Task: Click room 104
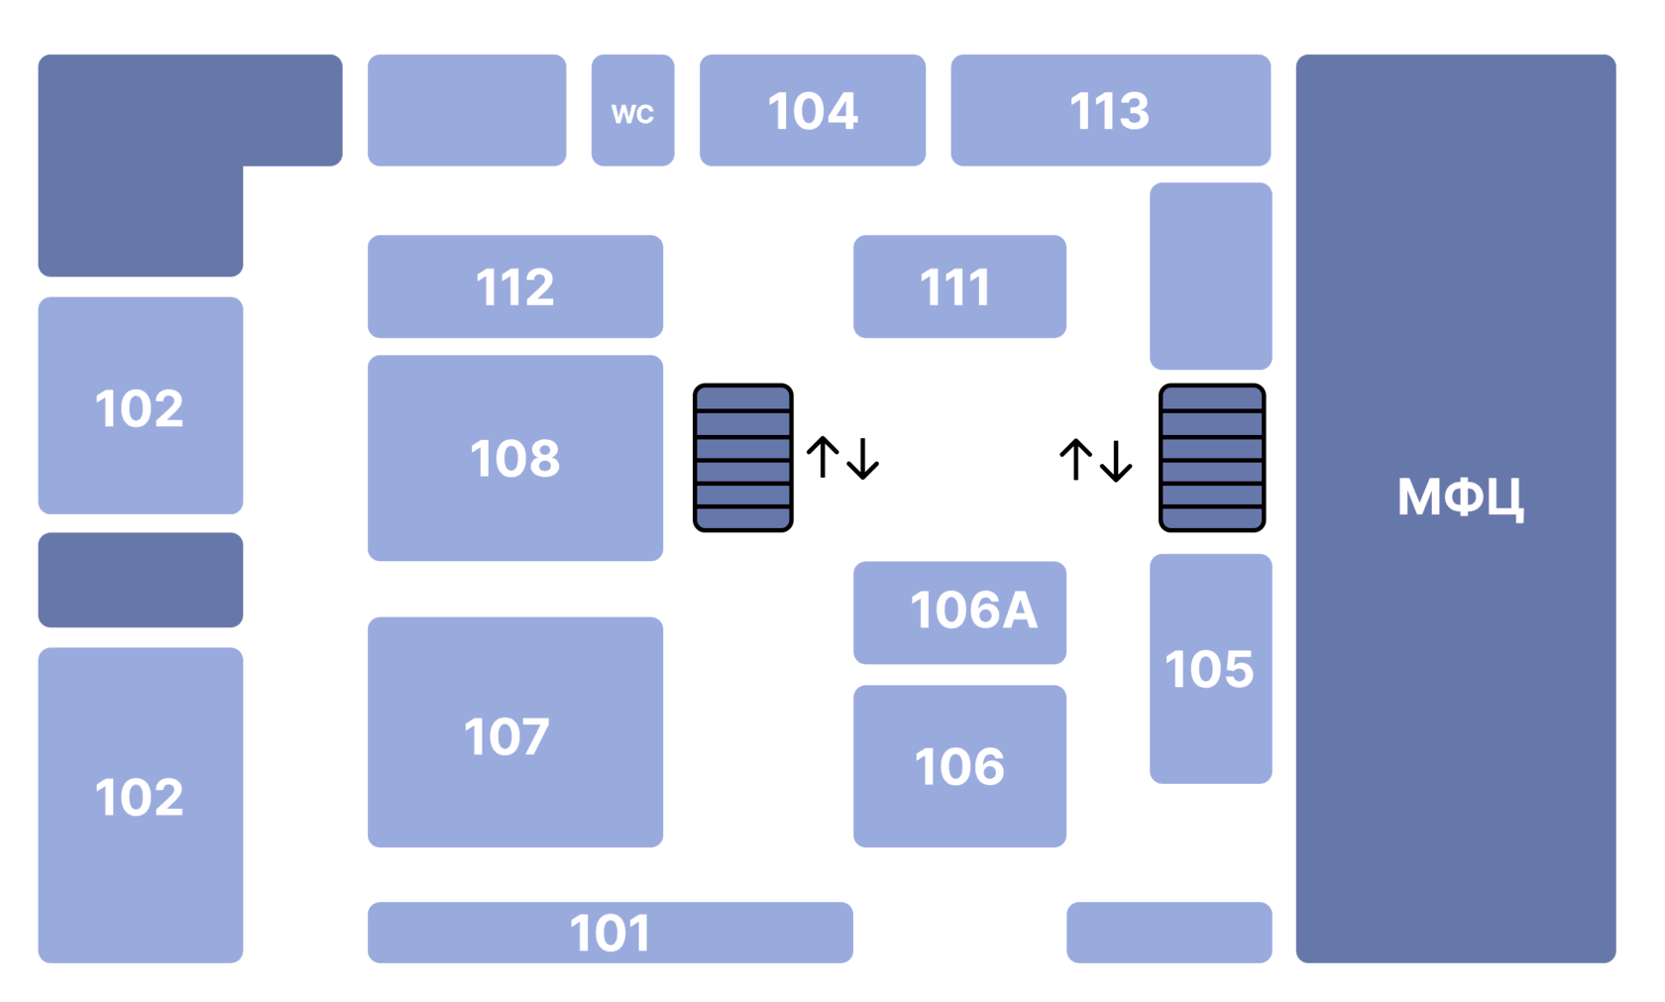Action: coord(813,110)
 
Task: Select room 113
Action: coord(1110,110)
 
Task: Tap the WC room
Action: coord(632,110)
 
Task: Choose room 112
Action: coord(515,286)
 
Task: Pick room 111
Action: coord(959,286)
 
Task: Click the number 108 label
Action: coord(515,458)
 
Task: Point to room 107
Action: coord(515,731)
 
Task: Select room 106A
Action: coord(959,612)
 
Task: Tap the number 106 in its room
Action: coord(959,766)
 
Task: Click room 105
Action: coord(1211,668)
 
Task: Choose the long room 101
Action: coord(610,932)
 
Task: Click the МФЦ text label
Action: coord(1461,497)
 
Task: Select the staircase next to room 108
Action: coord(742,457)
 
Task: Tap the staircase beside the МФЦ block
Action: coord(1211,457)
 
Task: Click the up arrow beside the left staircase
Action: coord(823,456)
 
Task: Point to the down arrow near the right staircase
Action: coord(1116,460)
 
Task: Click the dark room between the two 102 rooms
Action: coord(141,580)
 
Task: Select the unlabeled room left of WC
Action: coord(467,110)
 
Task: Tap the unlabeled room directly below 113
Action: coord(1211,276)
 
